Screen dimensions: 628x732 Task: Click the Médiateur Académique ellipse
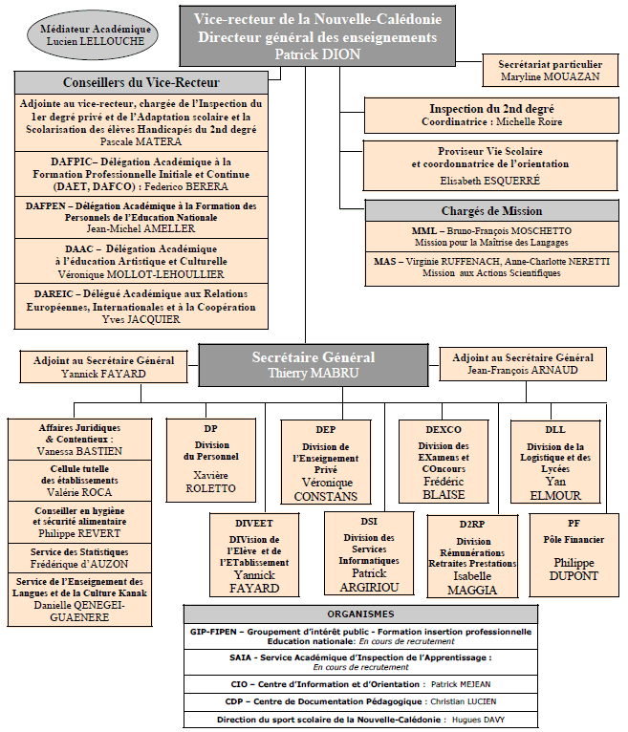tap(93, 35)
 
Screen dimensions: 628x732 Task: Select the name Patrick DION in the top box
tap(317, 54)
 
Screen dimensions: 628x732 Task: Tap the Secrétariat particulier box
tap(550, 71)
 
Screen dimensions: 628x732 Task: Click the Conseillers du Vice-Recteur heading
tap(141, 82)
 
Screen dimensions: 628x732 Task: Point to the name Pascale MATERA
tap(141, 141)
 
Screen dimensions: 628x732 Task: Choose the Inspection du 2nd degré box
tap(491, 116)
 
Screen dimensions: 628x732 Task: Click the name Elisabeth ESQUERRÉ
tap(489, 181)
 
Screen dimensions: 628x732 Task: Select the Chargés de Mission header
tap(491, 211)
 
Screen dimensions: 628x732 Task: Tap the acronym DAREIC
tap(54, 294)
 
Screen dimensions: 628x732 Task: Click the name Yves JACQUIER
tap(141, 319)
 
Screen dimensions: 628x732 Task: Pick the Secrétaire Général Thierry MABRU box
tap(314, 365)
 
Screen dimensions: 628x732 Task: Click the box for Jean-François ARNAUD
tap(523, 364)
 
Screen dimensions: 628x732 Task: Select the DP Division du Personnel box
tap(210, 461)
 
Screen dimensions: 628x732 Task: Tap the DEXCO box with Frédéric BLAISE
tap(444, 462)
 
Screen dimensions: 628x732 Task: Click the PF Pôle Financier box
tap(574, 555)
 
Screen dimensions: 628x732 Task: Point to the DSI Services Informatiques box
tap(369, 553)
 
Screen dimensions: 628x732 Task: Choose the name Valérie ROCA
tap(79, 492)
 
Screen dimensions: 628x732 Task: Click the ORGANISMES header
tap(360, 614)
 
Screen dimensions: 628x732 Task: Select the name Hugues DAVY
tap(478, 720)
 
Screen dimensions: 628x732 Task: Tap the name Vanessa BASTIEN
tap(79, 451)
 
